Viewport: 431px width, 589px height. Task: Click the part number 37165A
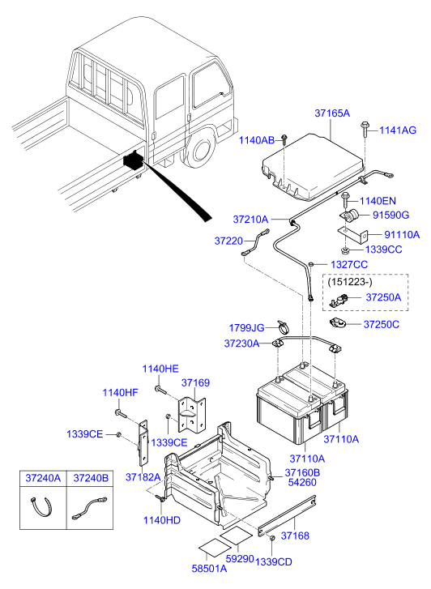(x=331, y=114)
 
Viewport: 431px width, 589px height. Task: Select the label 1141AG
(x=397, y=130)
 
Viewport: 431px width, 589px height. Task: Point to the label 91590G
(x=390, y=215)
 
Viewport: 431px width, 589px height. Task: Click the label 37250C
(x=381, y=324)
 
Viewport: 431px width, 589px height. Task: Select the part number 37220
(x=228, y=241)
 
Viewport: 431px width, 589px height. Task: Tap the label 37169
(x=195, y=382)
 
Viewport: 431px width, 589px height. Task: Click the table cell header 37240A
(x=45, y=479)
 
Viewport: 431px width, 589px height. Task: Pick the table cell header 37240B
(x=91, y=479)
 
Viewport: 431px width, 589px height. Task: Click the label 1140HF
(x=121, y=393)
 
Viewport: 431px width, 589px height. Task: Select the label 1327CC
(x=349, y=265)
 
